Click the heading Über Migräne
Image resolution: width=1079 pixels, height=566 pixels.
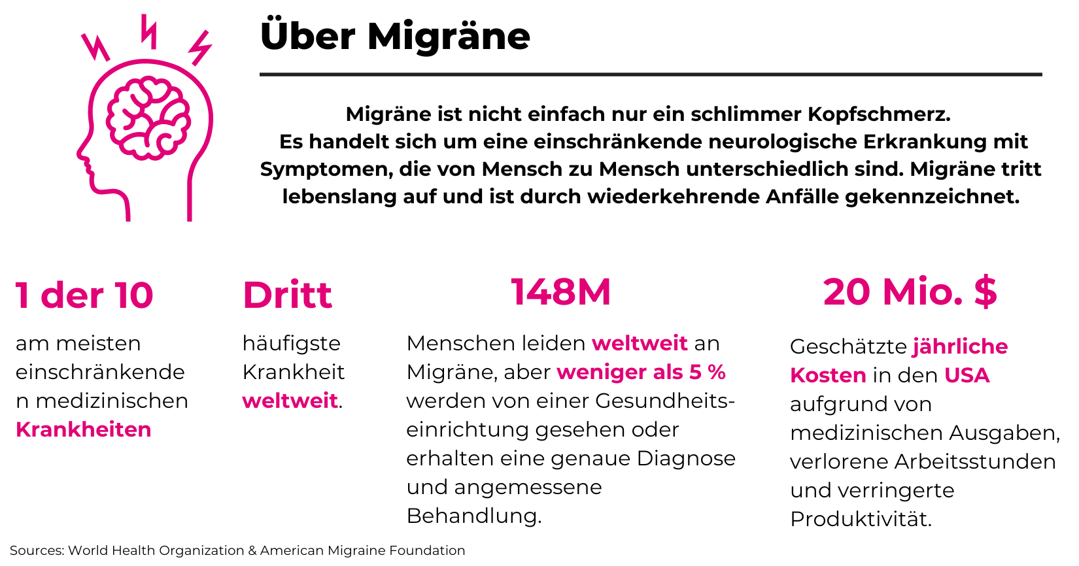tap(394, 36)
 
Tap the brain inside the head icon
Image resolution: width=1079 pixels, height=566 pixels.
tap(148, 118)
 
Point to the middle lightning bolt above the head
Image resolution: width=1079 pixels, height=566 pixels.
tap(149, 31)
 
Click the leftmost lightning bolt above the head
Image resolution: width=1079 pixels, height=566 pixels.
tap(95, 46)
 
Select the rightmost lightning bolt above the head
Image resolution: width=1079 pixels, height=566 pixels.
tap(200, 47)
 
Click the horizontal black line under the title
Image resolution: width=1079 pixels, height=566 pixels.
tap(650, 75)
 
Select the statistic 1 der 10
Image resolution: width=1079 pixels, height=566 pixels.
tap(84, 295)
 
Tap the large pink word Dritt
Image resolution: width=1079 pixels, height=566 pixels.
tap(287, 295)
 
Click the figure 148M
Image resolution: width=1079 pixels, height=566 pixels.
tap(560, 292)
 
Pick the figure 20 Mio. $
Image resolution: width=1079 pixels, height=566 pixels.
tap(910, 292)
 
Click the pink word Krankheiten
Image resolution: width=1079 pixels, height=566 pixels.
tap(84, 429)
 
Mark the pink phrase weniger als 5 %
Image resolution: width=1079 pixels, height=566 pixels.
tap(641, 372)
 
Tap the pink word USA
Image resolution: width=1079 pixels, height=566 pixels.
tap(967, 375)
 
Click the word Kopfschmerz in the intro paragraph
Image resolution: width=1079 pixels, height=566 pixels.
tap(878, 114)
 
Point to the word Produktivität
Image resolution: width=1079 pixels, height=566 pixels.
tap(861, 519)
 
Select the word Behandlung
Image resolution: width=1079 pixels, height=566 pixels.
tap(473, 516)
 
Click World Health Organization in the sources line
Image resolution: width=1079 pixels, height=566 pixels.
tap(156, 550)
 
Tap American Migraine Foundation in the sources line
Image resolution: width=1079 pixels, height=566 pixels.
tap(362, 550)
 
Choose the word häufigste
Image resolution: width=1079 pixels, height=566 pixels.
tap(292, 343)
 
